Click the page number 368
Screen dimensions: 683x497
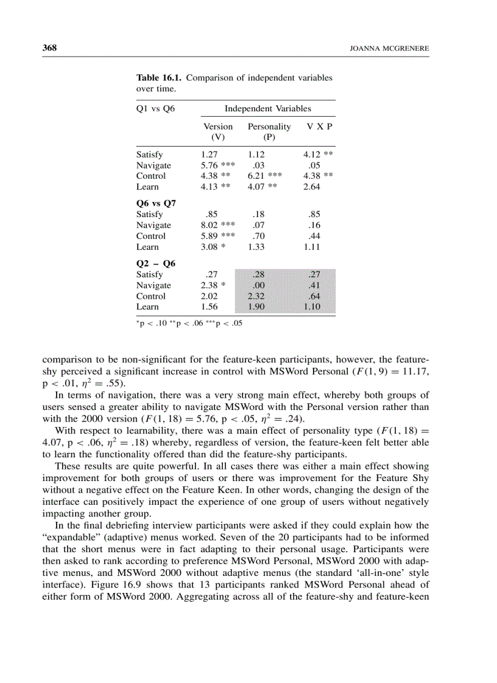[49, 48]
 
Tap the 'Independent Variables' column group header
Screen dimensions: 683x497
[267, 109]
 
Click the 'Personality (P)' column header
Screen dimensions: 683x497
[269, 132]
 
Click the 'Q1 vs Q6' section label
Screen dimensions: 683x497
[155, 109]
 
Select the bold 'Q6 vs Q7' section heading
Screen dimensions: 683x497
[155, 204]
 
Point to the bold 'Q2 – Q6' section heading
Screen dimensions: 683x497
[155, 263]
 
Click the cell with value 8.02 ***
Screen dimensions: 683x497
[217, 225]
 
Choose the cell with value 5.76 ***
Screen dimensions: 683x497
[217, 165]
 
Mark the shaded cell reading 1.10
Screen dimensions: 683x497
[312, 307]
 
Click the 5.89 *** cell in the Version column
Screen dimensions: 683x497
[217, 236]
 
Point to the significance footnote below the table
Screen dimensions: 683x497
[189, 324]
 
